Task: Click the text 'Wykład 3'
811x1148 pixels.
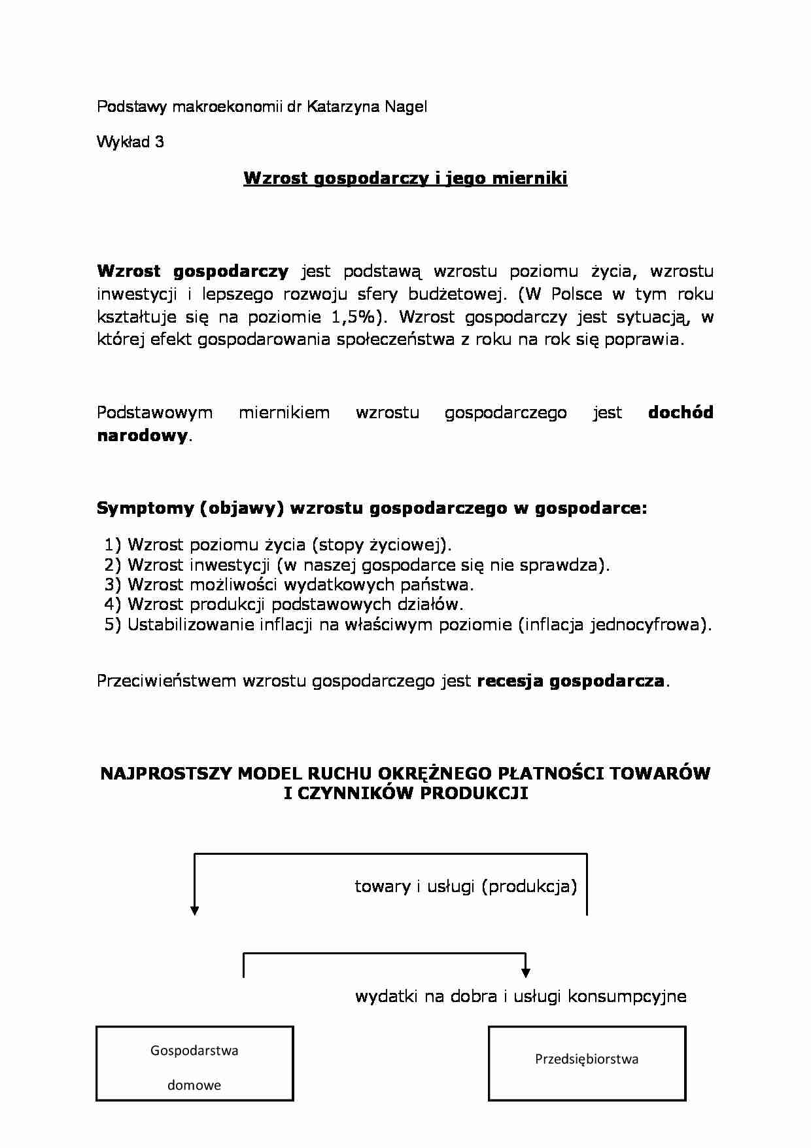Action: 130,142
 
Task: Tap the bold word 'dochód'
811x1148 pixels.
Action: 680,412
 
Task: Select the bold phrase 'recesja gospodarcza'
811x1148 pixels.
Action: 571,681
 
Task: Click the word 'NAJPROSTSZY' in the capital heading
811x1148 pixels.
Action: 166,774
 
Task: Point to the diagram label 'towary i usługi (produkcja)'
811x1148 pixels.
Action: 466,886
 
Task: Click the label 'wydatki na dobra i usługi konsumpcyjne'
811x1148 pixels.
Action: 521,996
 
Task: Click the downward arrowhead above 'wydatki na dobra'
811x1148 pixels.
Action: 526,973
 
